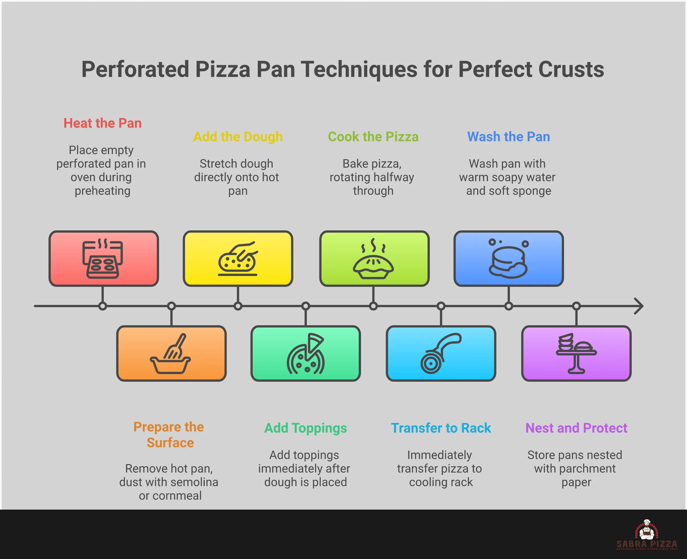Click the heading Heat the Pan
(102, 123)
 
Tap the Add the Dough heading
(238, 137)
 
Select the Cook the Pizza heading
(373, 137)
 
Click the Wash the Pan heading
(508, 137)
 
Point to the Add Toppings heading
(305, 428)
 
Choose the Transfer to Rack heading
(441, 428)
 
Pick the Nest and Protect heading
(576, 428)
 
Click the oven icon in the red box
(102, 259)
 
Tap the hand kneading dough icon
(238, 259)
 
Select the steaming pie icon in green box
(373, 259)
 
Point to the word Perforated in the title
(135, 69)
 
